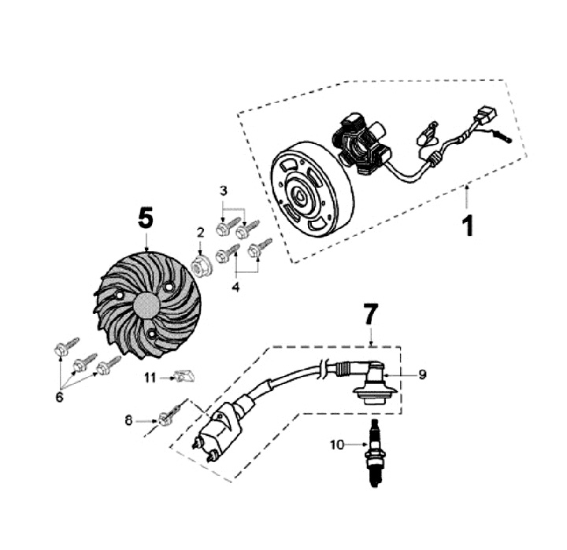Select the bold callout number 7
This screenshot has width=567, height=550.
[370, 315]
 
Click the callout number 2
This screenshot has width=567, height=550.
[201, 232]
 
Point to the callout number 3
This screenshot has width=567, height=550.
[224, 190]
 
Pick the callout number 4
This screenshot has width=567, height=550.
[235, 286]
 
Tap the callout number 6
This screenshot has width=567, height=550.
[59, 398]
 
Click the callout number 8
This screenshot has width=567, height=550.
[129, 421]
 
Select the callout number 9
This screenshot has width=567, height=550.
[423, 375]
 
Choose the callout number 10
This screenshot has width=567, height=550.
[337, 445]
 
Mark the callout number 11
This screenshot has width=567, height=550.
[150, 378]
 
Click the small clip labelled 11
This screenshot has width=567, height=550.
[184, 376]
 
